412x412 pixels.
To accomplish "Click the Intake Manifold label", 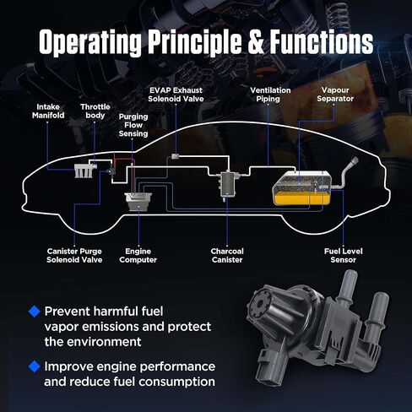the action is point(48,111).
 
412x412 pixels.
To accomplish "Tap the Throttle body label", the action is point(95,111).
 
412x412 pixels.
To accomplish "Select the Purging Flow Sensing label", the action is point(133,125).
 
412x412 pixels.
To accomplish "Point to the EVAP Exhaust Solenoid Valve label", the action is point(176,95).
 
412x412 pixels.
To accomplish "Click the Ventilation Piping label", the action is point(270,95).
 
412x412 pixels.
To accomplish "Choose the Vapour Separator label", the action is point(335,95).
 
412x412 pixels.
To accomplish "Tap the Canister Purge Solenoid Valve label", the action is point(74,256).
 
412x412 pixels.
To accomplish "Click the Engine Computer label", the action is point(138,256).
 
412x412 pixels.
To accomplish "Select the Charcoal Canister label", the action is point(227,256).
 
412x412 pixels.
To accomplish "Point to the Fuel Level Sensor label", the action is point(344,256).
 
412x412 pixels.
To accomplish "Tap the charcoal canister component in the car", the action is point(228,184).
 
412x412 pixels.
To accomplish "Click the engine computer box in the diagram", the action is point(138,202).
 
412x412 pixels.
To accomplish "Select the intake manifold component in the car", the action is point(84,171).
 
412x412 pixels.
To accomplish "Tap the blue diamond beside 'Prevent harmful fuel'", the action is point(35,312).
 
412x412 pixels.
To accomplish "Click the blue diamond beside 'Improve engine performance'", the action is point(35,366).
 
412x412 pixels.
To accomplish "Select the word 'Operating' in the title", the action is point(90,43).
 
